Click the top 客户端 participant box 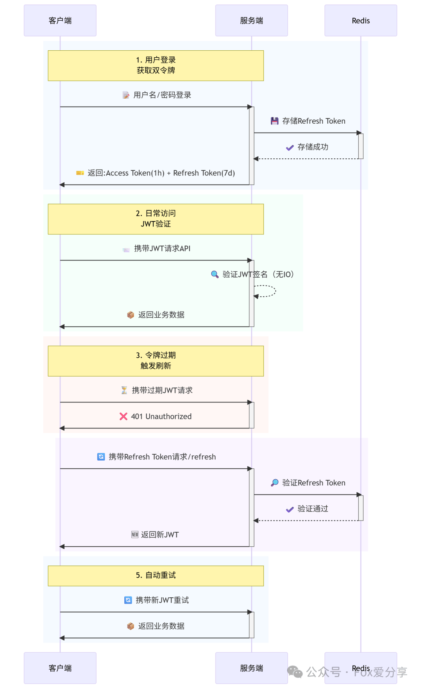[x=60, y=20]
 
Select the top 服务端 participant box [x=251, y=20]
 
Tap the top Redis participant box [x=361, y=20]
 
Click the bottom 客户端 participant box [x=60, y=668]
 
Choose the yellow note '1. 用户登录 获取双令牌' [x=156, y=66]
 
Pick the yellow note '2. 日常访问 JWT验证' [x=156, y=219]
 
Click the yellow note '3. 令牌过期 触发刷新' [x=156, y=361]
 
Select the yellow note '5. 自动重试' [x=156, y=576]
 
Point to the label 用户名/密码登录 [x=162, y=95]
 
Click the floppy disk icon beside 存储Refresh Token [x=274, y=121]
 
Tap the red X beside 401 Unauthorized [x=124, y=416]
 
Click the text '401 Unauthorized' [x=161, y=416]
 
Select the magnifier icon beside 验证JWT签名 [x=214, y=274]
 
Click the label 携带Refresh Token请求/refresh [x=162, y=457]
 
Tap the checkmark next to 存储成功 [x=290, y=147]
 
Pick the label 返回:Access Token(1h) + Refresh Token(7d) [x=161, y=173]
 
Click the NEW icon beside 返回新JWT [x=135, y=535]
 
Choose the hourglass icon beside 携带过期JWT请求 [x=124, y=390]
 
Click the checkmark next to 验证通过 [x=290, y=509]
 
